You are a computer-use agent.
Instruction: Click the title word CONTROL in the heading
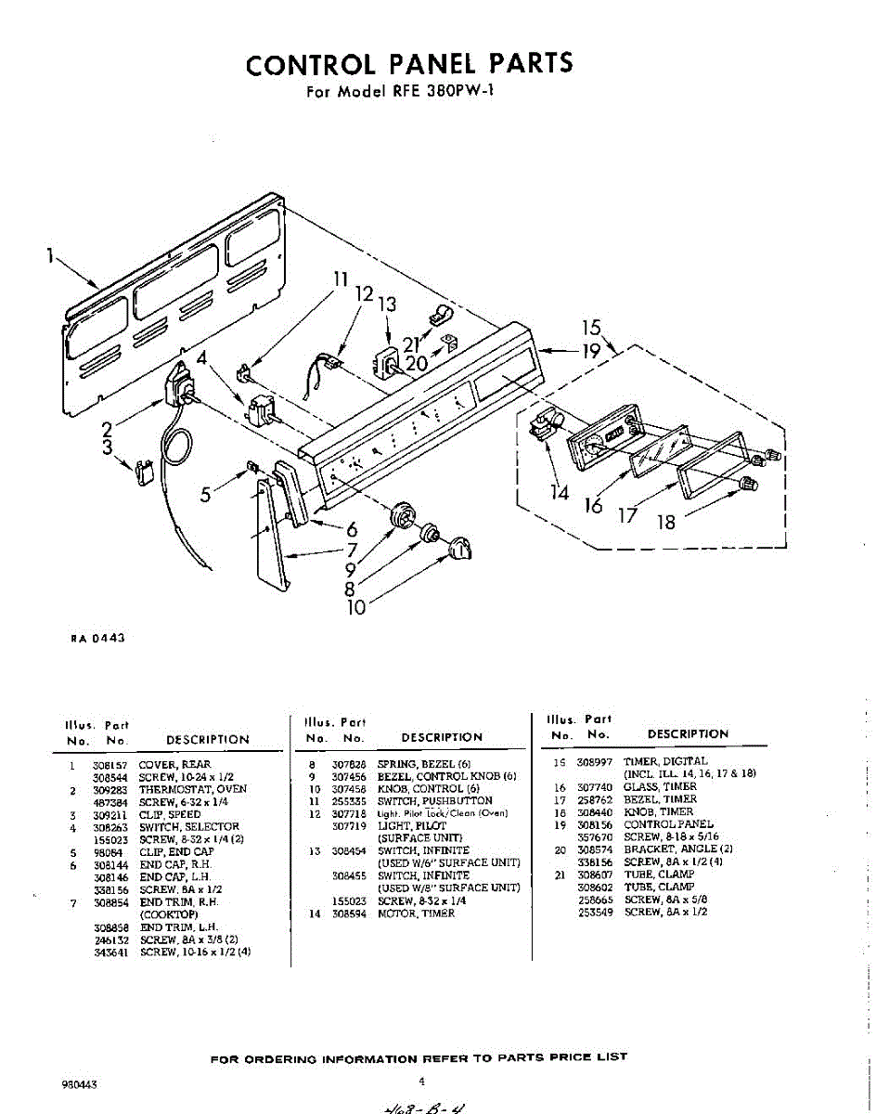311,64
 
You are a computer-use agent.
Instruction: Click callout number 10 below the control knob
355,607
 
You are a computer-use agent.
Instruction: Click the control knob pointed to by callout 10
459,551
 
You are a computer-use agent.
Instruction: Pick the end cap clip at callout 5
250,465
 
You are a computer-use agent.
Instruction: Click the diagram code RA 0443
98,638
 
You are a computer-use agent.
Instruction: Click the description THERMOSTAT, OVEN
193,789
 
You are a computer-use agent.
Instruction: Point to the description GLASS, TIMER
661,786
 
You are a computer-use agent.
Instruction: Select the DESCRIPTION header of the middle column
442,738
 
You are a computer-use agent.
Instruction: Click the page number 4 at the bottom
422,1081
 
